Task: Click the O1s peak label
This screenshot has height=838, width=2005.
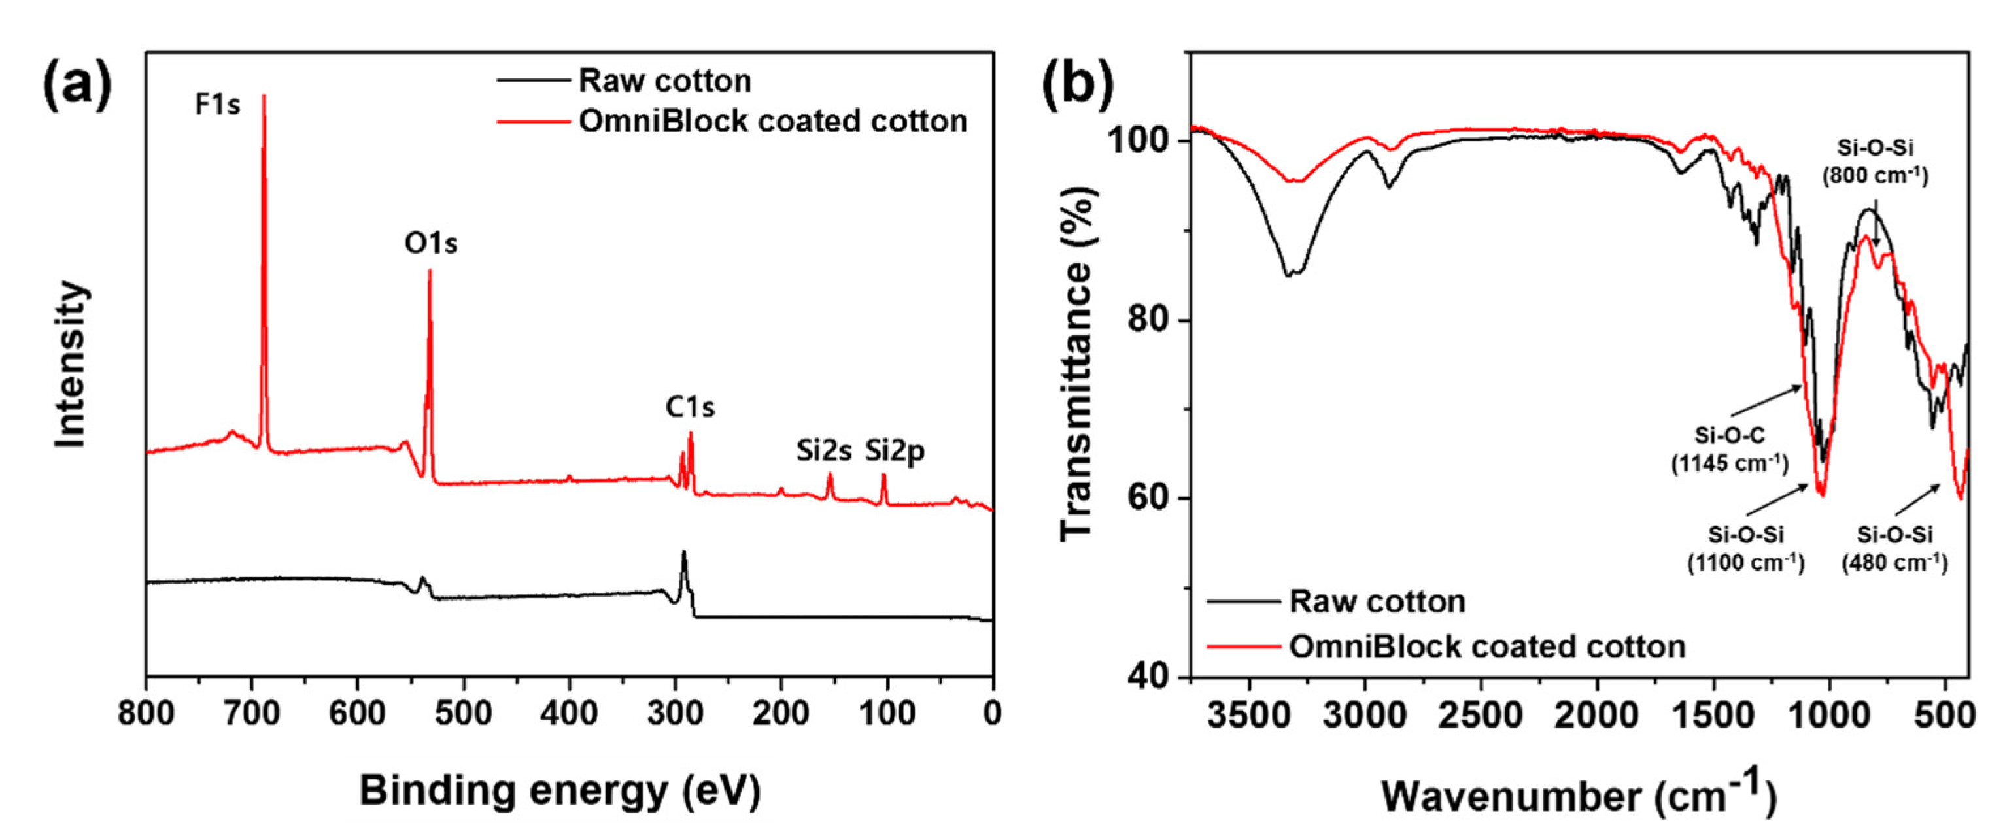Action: pos(430,244)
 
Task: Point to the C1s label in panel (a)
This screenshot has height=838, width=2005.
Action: pos(690,407)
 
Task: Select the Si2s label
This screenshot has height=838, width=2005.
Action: pos(824,450)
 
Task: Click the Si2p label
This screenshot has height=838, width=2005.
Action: pos(895,450)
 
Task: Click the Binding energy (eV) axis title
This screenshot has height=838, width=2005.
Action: pos(560,792)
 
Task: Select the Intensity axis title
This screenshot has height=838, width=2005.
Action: pos(71,364)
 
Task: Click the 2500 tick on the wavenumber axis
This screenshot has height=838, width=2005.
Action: pos(1481,715)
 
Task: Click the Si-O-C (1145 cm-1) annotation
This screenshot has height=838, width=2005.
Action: pos(1730,450)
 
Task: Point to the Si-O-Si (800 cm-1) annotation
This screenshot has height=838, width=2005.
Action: pos(1875,161)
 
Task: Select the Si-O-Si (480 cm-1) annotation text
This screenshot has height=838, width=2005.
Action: pos(1894,548)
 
